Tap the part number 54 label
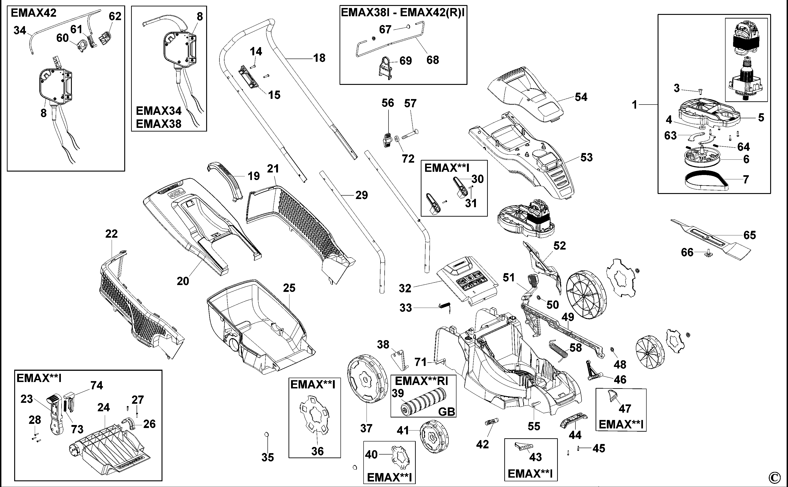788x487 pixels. [x=581, y=97]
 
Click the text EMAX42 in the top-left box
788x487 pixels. [x=33, y=13]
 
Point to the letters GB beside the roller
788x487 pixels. [x=447, y=412]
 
